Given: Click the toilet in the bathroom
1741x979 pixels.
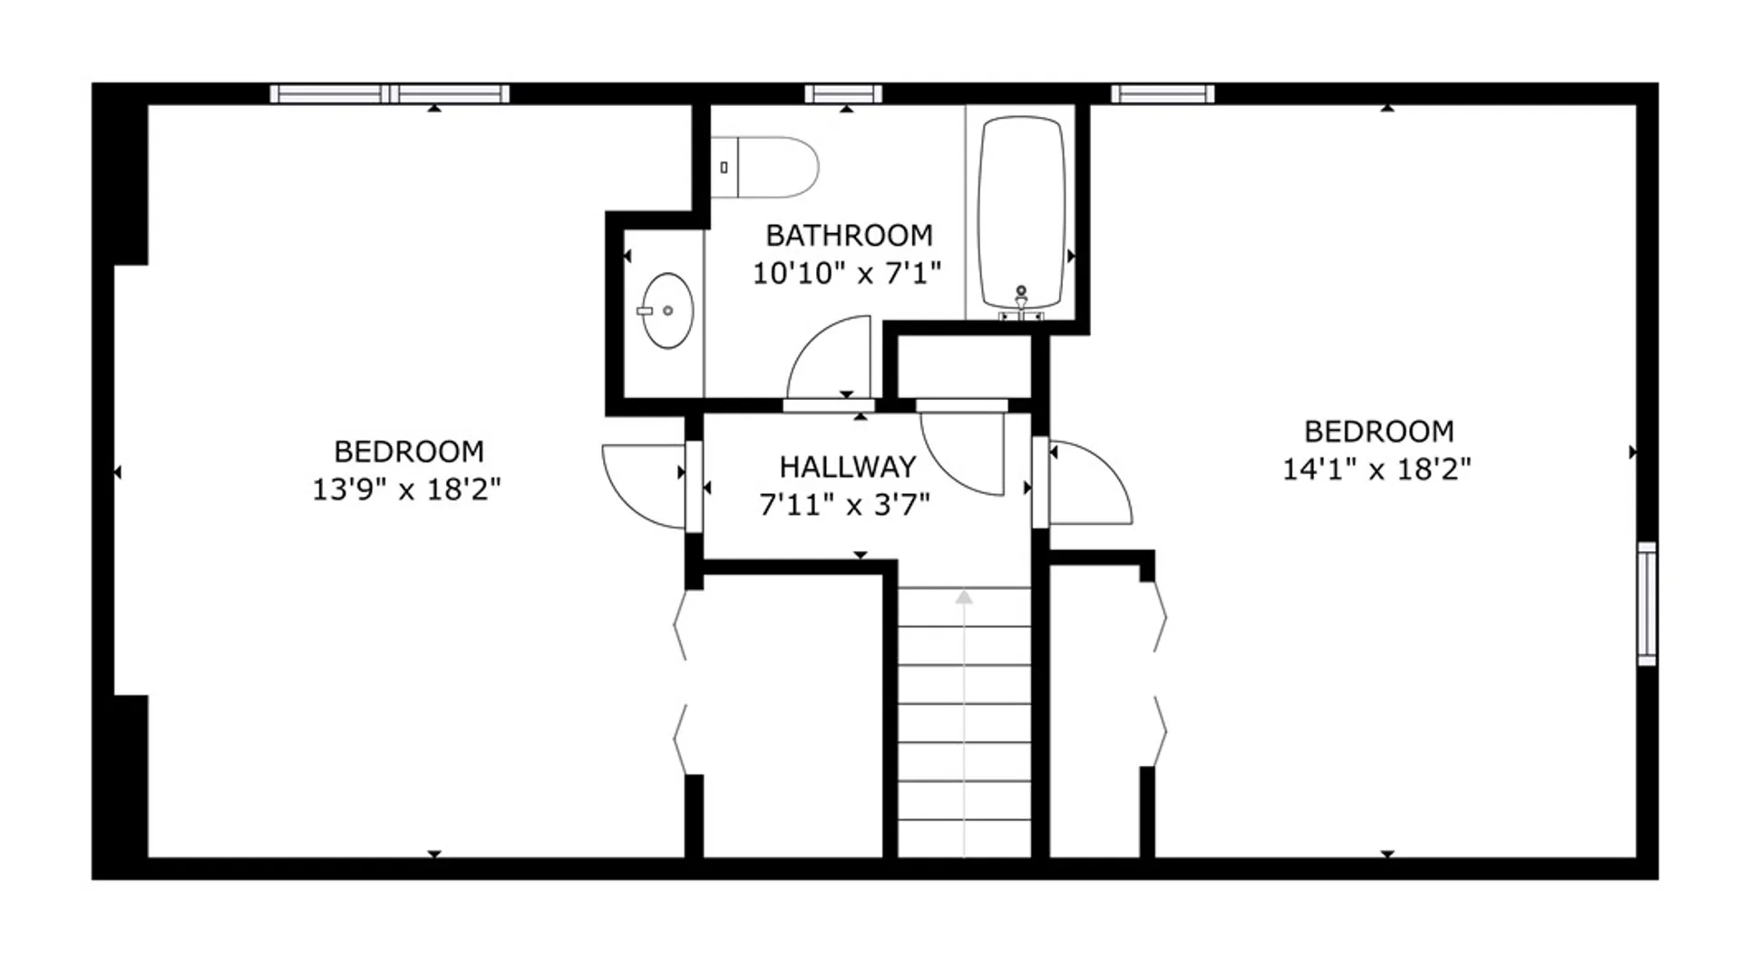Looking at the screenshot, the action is click(x=764, y=167).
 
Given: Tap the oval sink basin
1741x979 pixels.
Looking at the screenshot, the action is click(x=668, y=311).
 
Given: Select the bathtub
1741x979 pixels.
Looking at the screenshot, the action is click(x=1021, y=214).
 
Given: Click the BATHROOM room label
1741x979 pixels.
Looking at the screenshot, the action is click(x=849, y=236).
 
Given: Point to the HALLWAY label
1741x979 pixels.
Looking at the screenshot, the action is click(x=848, y=467).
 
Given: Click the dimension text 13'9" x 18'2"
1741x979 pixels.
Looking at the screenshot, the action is click(x=406, y=489).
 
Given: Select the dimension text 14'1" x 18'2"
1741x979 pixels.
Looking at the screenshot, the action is click(x=1376, y=470).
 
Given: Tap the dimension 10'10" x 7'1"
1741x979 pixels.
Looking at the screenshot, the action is click(x=847, y=273).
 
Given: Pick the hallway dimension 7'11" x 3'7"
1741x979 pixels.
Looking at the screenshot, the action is click(x=845, y=504).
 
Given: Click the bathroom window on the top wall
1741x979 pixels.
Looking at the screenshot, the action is click(x=843, y=93).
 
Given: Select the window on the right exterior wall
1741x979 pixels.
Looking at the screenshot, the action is click(x=1647, y=604).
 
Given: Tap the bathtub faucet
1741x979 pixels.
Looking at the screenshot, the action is click(x=1021, y=303).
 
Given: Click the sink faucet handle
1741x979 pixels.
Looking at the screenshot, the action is click(x=645, y=311).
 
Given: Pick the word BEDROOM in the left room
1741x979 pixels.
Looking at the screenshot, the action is click(x=409, y=451).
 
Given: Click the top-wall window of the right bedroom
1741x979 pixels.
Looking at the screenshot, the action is click(x=1162, y=93).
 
